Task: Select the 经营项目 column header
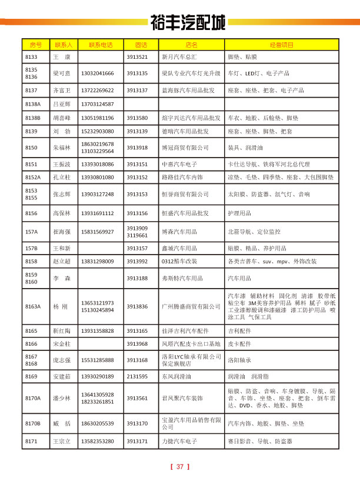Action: click(x=281, y=45)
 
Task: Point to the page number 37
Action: click(x=180, y=467)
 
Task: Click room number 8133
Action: click(x=31, y=57)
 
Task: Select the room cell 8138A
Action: click(x=33, y=104)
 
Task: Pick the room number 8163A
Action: click(x=34, y=306)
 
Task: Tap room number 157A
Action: click(x=32, y=232)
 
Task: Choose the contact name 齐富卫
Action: click(x=62, y=91)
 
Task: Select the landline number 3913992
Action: click(x=137, y=261)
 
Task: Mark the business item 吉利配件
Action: click(x=239, y=332)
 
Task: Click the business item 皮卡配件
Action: click(x=239, y=344)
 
